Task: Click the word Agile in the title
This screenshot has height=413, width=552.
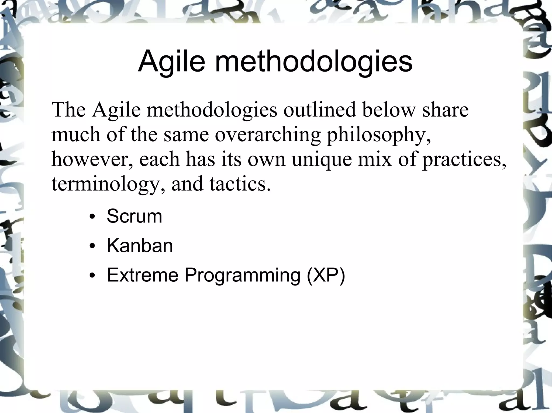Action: click(171, 62)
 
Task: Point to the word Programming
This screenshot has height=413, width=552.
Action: click(242, 276)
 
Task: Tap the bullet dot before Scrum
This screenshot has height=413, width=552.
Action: click(92, 217)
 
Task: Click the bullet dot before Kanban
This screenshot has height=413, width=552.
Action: click(92, 246)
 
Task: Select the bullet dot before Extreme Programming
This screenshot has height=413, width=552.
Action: click(92, 276)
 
